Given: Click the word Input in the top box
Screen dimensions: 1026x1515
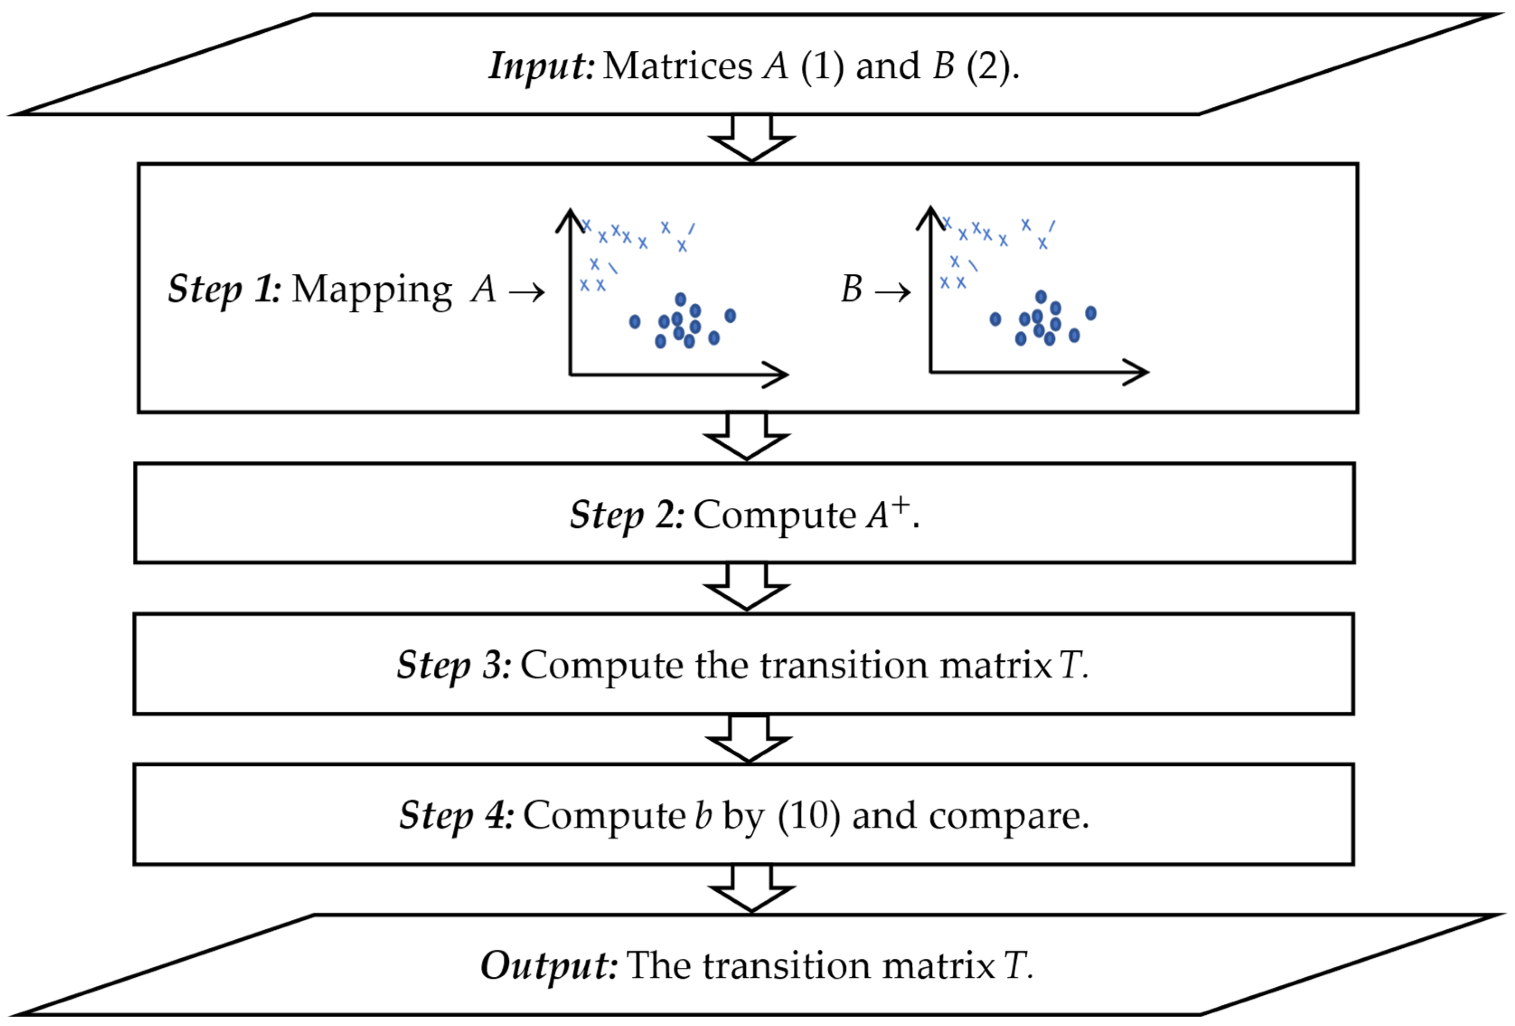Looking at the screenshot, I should [x=541, y=66].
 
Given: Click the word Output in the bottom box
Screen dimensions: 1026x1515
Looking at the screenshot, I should [x=548, y=965].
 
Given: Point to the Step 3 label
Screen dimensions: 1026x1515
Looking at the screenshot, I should [x=454, y=665].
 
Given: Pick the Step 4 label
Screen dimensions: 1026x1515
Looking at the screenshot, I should [x=456, y=815].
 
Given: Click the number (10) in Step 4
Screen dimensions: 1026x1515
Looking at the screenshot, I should [x=808, y=815].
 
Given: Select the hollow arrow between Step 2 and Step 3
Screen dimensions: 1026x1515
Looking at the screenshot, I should [x=747, y=587].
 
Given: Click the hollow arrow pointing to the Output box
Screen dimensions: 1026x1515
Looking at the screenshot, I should [x=752, y=889].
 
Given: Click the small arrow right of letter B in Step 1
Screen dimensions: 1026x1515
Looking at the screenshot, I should [x=892, y=292].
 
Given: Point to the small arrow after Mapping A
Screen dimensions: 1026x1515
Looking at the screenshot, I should [x=527, y=292].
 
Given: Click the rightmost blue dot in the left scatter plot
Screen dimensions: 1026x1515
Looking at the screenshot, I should [x=730, y=315].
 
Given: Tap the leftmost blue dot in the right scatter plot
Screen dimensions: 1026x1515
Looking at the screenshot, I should [x=995, y=319].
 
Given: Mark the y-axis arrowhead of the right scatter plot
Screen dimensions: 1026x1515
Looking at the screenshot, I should [x=930, y=217].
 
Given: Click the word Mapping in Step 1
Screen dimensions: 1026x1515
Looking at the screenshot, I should [x=371, y=290].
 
